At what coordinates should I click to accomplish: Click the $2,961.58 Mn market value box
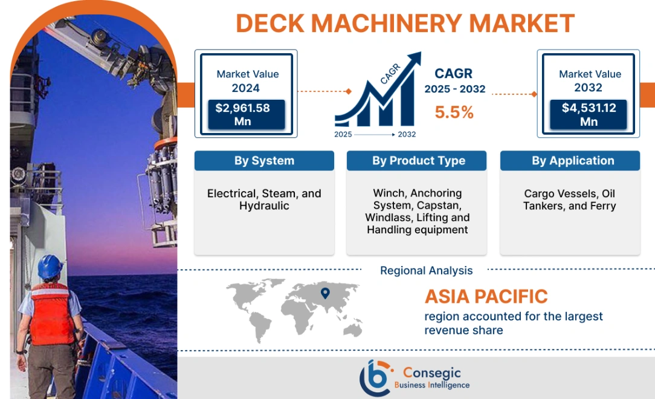244,115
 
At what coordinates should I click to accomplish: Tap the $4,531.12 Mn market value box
588,115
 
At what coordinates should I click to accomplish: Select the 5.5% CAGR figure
454,112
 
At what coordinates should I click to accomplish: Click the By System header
264,161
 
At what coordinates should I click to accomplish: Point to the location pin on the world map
325,294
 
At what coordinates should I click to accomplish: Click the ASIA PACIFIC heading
486,297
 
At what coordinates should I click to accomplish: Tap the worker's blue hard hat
50,267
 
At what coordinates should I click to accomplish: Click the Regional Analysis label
426,271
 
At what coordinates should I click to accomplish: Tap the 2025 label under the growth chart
343,134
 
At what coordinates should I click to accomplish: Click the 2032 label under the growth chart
406,134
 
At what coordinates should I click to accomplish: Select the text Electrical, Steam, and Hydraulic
264,199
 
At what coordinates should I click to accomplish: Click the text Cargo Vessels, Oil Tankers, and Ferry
570,199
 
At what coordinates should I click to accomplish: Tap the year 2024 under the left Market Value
245,88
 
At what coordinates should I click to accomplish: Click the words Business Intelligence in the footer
431,385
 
